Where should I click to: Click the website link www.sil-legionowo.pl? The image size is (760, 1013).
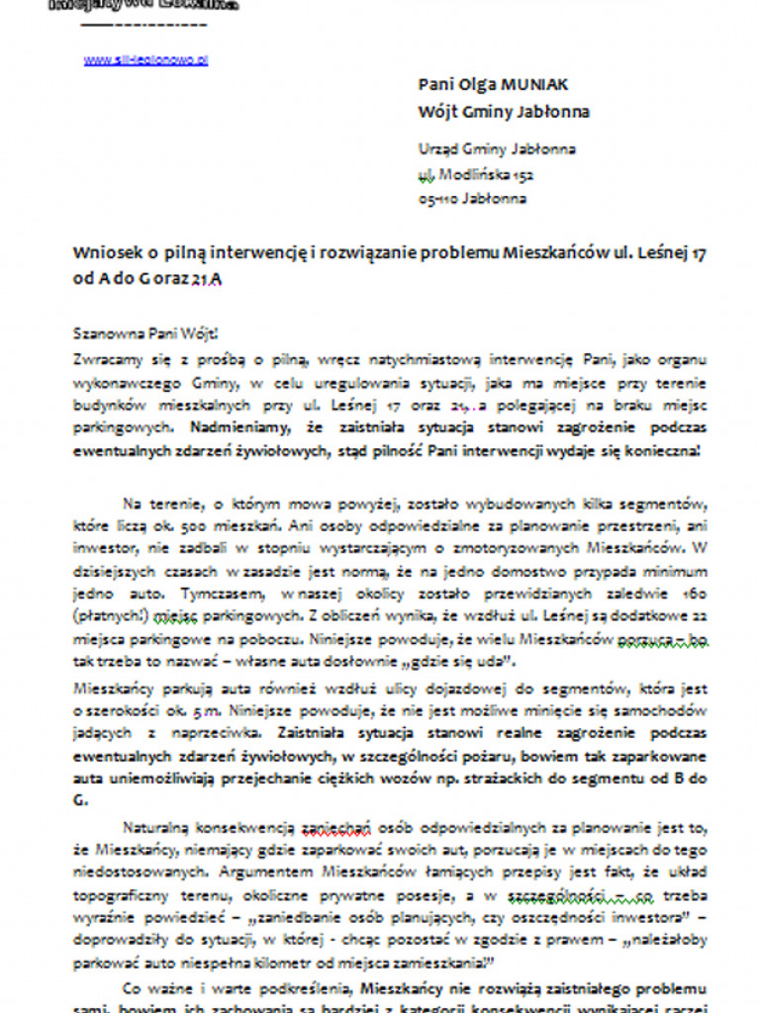pos(145,59)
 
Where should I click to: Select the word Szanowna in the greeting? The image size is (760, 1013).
pos(108,333)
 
